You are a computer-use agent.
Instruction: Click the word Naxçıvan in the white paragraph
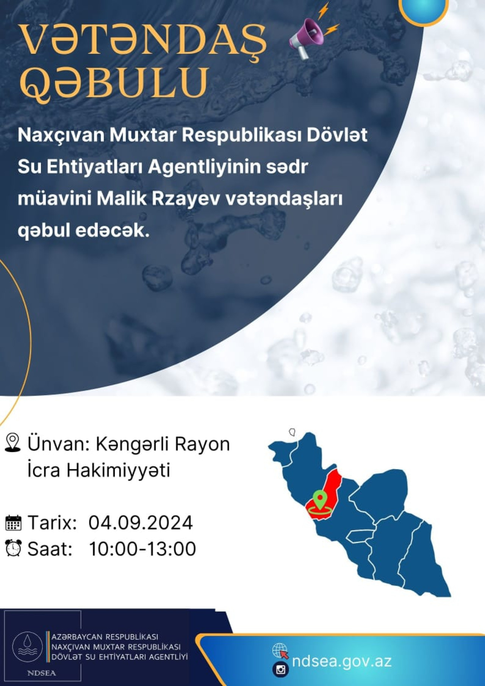pos(61,135)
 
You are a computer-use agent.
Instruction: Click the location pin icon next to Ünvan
pos(13,443)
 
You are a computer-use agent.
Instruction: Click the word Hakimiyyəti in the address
pos(119,470)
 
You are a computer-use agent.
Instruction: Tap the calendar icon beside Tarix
pos(13,523)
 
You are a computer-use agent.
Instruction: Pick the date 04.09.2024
pos(141,523)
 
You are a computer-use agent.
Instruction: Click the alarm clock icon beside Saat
pos(13,548)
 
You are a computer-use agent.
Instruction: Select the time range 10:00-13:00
pos(142,549)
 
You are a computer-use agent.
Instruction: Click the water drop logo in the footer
pos(27,647)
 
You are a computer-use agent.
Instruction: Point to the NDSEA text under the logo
pos(41,673)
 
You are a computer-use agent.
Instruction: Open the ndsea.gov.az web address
pos(341,661)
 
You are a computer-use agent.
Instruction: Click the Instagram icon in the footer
pos(280,670)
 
